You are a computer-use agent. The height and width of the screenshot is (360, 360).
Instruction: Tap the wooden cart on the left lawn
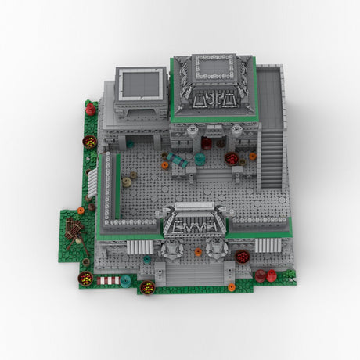(75, 229)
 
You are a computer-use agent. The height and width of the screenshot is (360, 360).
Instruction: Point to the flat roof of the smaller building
(142, 85)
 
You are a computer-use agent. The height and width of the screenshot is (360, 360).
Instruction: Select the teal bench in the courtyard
(179, 161)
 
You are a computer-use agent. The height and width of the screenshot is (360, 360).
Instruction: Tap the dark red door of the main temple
(207, 142)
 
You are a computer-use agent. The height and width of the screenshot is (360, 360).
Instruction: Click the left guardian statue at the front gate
(171, 250)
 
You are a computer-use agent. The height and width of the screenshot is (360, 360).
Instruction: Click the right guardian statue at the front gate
(216, 250)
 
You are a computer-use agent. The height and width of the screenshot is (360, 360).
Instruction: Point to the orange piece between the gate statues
(198, 252)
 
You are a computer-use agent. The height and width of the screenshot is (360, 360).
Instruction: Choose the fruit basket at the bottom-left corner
(85, 278)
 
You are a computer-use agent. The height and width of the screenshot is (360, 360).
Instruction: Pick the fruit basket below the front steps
(147, 287)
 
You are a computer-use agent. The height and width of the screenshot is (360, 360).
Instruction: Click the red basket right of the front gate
(242, 256)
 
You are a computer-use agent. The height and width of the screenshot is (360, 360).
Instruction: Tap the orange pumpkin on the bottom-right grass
(231, 287)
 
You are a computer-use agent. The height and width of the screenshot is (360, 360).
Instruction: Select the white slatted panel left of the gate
(142, 246)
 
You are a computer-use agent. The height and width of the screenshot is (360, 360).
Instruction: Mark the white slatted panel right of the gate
(268, 245)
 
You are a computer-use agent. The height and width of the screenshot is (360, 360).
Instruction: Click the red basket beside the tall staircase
(232, 158)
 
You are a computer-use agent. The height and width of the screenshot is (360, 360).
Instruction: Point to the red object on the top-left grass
(91, 110)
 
